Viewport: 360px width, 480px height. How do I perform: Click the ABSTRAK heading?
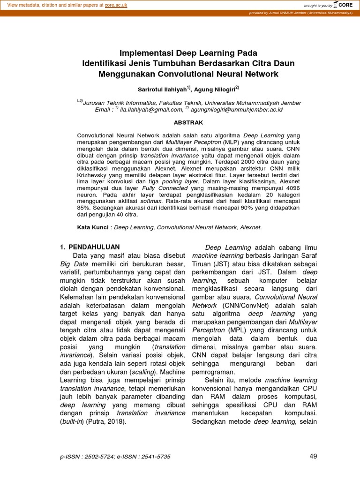click(x=188, y=122)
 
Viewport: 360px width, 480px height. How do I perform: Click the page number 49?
click(x=314, y=457)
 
